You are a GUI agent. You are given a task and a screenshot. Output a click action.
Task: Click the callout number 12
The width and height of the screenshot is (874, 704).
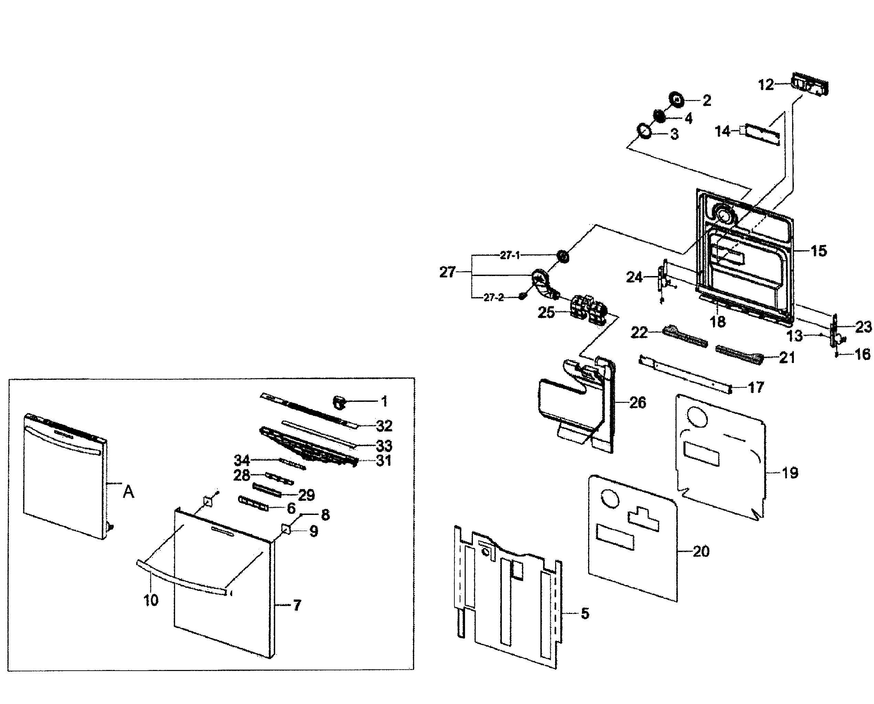766,85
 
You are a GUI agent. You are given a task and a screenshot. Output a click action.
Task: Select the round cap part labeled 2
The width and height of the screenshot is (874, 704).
677,99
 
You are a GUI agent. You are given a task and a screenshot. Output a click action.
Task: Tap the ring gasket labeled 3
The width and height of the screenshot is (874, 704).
644,131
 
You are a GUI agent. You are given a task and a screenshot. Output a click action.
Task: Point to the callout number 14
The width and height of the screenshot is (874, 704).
722,131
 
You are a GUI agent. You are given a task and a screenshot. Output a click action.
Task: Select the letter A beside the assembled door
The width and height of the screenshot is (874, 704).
128,492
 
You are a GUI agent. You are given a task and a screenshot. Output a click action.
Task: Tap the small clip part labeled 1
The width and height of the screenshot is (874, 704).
339,403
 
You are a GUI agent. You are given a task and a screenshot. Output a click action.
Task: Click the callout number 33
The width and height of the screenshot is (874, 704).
384,446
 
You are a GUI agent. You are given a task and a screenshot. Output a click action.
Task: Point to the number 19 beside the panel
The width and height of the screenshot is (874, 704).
790,473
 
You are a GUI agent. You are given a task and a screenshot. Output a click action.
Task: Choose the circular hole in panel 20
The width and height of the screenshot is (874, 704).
610,499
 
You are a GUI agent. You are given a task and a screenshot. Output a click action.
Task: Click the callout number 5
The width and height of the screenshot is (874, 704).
585,614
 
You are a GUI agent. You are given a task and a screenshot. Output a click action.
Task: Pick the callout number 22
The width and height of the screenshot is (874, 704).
639,332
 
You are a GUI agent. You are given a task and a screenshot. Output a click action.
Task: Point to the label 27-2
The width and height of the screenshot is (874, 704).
493,298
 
